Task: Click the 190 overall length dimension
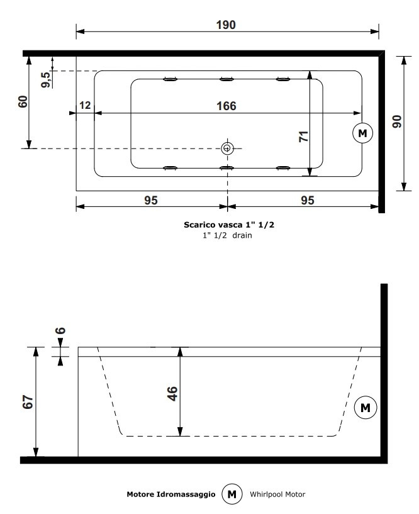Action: tap(226, 25)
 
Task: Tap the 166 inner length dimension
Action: tap(226, 106)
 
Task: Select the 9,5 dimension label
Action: tap(46, 80)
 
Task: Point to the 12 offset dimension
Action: tap(85, 105)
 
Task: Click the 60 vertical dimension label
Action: tap(23, 102)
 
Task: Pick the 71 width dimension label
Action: tap(304, 136)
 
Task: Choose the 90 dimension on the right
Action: tap(397, 121)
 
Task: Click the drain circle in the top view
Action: tap(227, 148)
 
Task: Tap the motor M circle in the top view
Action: tap(362, 133)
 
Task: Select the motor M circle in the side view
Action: tap(366, 408)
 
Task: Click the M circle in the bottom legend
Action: tap(232, 494)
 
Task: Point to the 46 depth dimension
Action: tap(172, 393)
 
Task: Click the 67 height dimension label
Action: tap(28, 402)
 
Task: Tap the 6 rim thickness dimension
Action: tap(60, 330)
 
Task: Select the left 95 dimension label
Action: tap(151, 200)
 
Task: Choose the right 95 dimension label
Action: tap(308, 200)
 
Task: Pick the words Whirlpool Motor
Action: tap(277, 494)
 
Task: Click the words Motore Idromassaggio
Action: tap(171, 494)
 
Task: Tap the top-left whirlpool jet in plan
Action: tap(170, 79)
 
